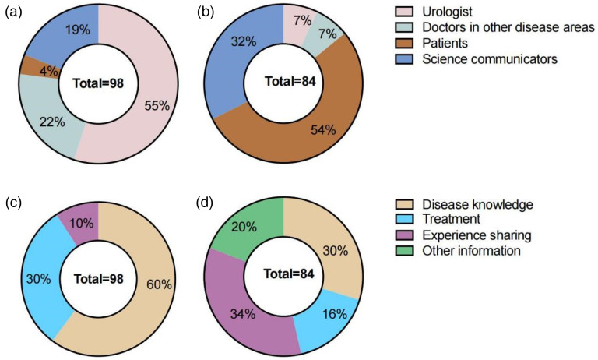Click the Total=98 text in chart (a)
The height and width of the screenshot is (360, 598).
click(97, 81)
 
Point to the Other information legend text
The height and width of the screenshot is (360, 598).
click(472, 250)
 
